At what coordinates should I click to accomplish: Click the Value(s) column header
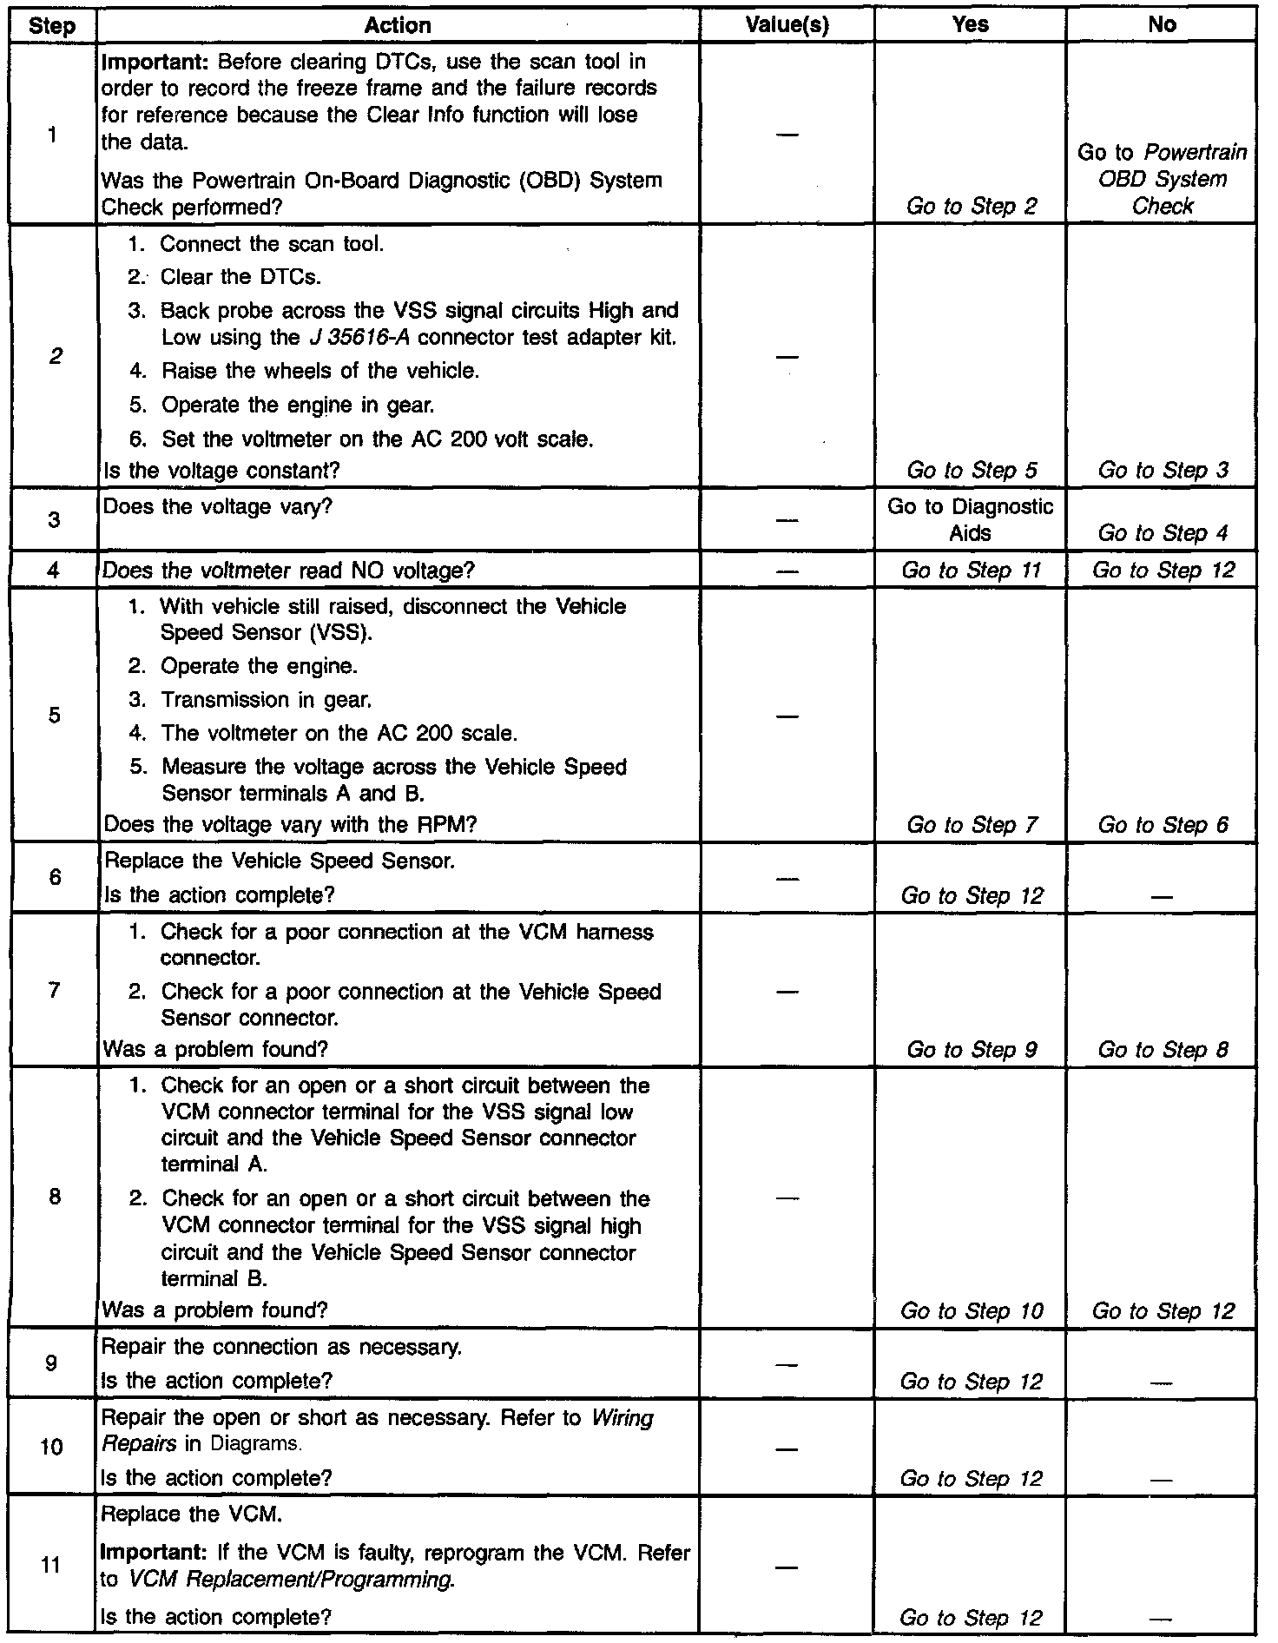(x=787, y=25)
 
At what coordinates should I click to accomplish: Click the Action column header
(x=397, y=25)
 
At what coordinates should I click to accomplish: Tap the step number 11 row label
(x=52, y=1566)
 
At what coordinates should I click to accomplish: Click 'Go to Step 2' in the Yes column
(x=971, y=207)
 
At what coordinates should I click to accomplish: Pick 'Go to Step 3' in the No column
(x=1163, y=471)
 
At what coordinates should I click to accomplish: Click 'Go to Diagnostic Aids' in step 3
(x=970, y=519)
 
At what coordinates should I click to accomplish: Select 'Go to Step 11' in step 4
(x=971, y=571)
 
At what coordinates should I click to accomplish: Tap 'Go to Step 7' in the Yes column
(x=971, y=825)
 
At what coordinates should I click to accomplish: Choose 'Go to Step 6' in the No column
(x=1163, y=825)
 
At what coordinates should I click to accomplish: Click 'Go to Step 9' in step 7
(x=971, y=1050)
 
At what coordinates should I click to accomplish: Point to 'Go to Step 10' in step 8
(x=971, y=1310)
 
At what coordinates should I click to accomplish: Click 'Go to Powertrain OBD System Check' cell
(x=1163, y=179)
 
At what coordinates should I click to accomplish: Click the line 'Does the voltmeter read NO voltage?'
(x=288, y=571)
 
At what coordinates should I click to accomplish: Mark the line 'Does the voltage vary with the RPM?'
(x=290, y=825)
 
